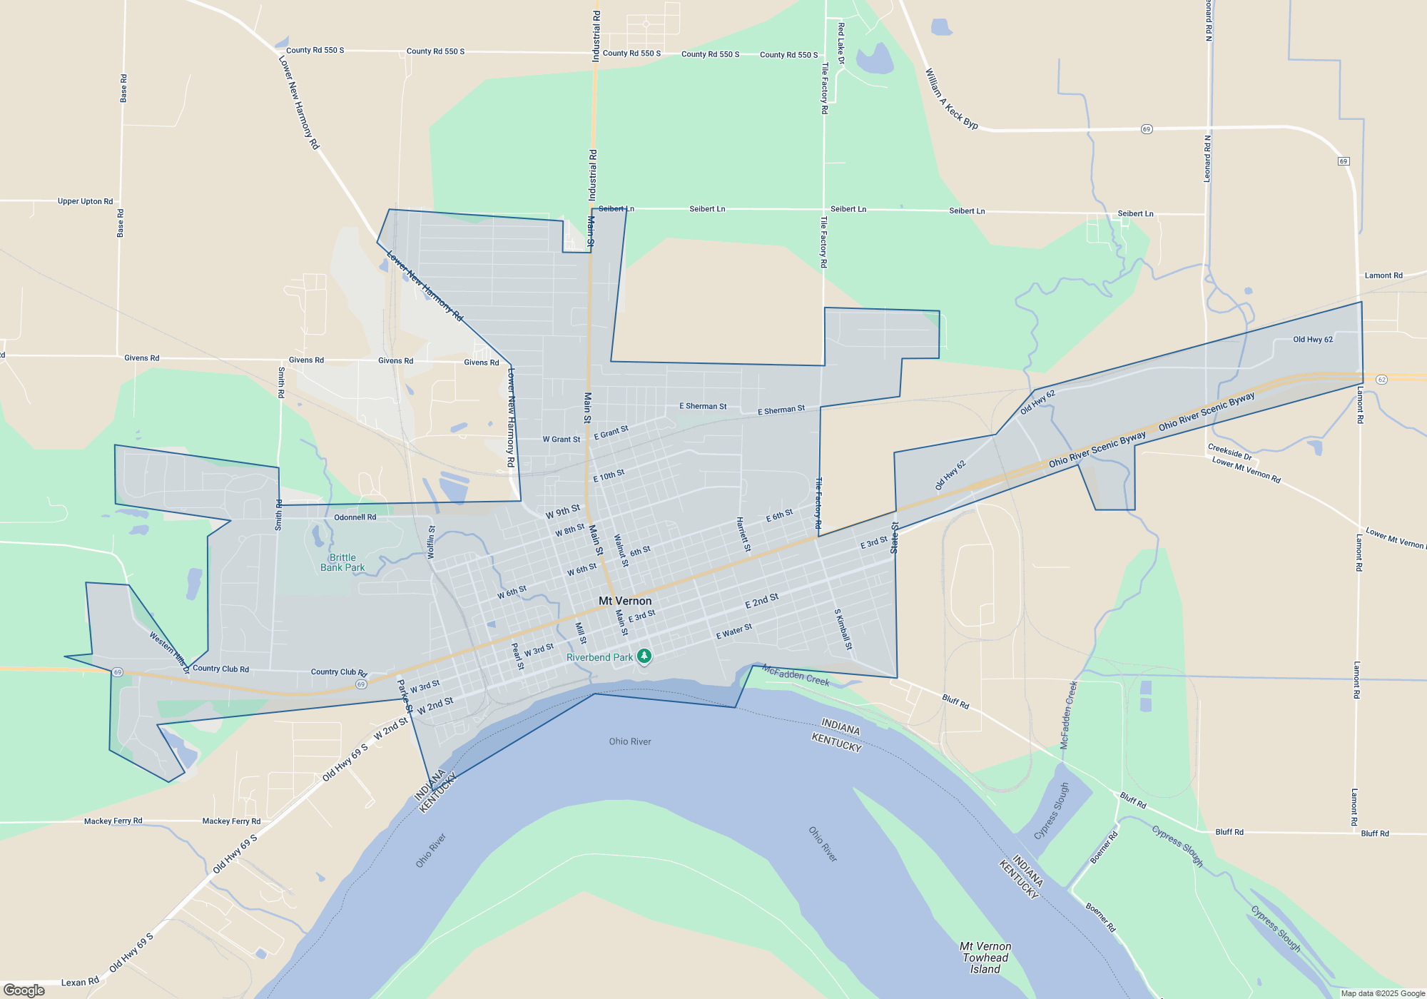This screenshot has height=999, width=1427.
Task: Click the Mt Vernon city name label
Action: [x=625, y=601]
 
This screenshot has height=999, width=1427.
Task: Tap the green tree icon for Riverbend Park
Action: [x=644, y=656]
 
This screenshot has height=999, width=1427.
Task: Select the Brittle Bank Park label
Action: [x=342, y=562]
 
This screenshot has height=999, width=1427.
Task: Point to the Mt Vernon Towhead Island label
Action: [x=985, y=958]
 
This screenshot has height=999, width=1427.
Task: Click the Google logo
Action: [x=24, y=990]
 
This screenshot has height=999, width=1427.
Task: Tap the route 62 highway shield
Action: [x=1381, y=379]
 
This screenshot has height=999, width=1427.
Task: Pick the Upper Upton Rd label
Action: [x=85, y=201]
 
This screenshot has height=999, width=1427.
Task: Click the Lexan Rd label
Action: [x=80, y=982]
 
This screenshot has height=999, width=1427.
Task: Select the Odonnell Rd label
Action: [x=355, y=517]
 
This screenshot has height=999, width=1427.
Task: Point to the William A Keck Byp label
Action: [x=951, y=98]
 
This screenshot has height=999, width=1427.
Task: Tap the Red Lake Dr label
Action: [x=841, y=44]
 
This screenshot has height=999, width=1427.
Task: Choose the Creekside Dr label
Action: [x=1229, y=452]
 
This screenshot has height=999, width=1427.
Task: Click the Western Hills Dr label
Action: [x=169, y=651]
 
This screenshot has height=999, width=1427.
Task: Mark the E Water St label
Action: [x=733, y=632]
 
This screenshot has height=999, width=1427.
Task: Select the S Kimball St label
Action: [x=843, y=629]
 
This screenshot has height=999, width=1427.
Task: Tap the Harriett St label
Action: [x=743, y=534]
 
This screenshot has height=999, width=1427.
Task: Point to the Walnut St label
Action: [x=621, y=551]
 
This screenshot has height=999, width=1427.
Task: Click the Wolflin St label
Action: [x=431, y=542]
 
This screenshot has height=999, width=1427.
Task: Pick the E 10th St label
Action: [x=609, y=475]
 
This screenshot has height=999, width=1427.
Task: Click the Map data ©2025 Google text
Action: [x=1382, y=993]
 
